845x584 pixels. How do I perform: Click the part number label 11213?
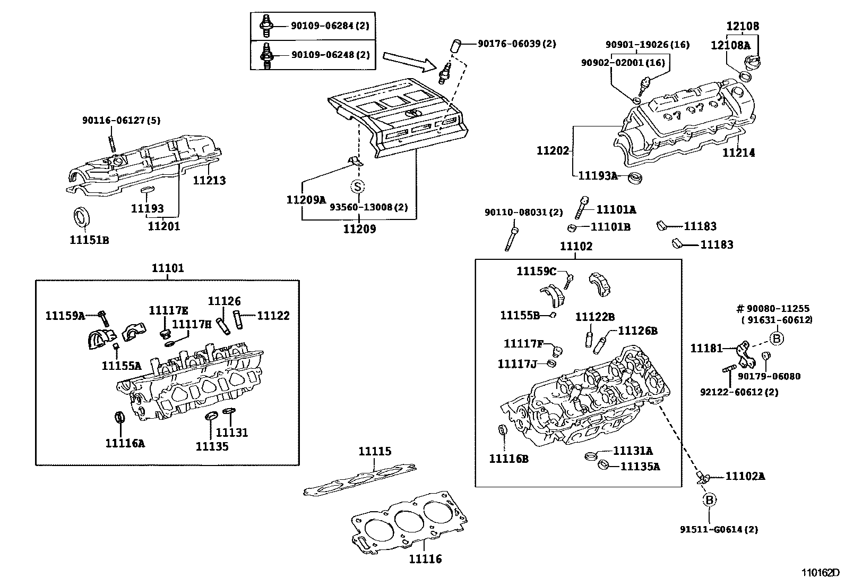click(209, 181)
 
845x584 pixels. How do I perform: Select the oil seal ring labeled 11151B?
click(81, 218)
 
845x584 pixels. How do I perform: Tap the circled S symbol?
click(358, 187)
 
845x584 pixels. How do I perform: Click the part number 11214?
click(738, 153)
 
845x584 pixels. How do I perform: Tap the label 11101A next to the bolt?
click(616, 210)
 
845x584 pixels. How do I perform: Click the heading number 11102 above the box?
click(576, 247)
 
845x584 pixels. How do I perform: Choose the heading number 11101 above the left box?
click(168, 268)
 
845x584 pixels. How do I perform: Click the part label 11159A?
click(65, 316)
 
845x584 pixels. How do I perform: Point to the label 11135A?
click(640, 467)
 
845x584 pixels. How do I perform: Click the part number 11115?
click(375, 452)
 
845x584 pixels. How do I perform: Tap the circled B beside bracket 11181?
click(777, 338)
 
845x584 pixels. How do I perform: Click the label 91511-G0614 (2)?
click(719, 529)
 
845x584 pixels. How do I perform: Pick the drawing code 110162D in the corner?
click(820, 573)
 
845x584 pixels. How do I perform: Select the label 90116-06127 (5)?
click(120, 121)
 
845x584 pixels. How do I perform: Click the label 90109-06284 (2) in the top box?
click(330, 25)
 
